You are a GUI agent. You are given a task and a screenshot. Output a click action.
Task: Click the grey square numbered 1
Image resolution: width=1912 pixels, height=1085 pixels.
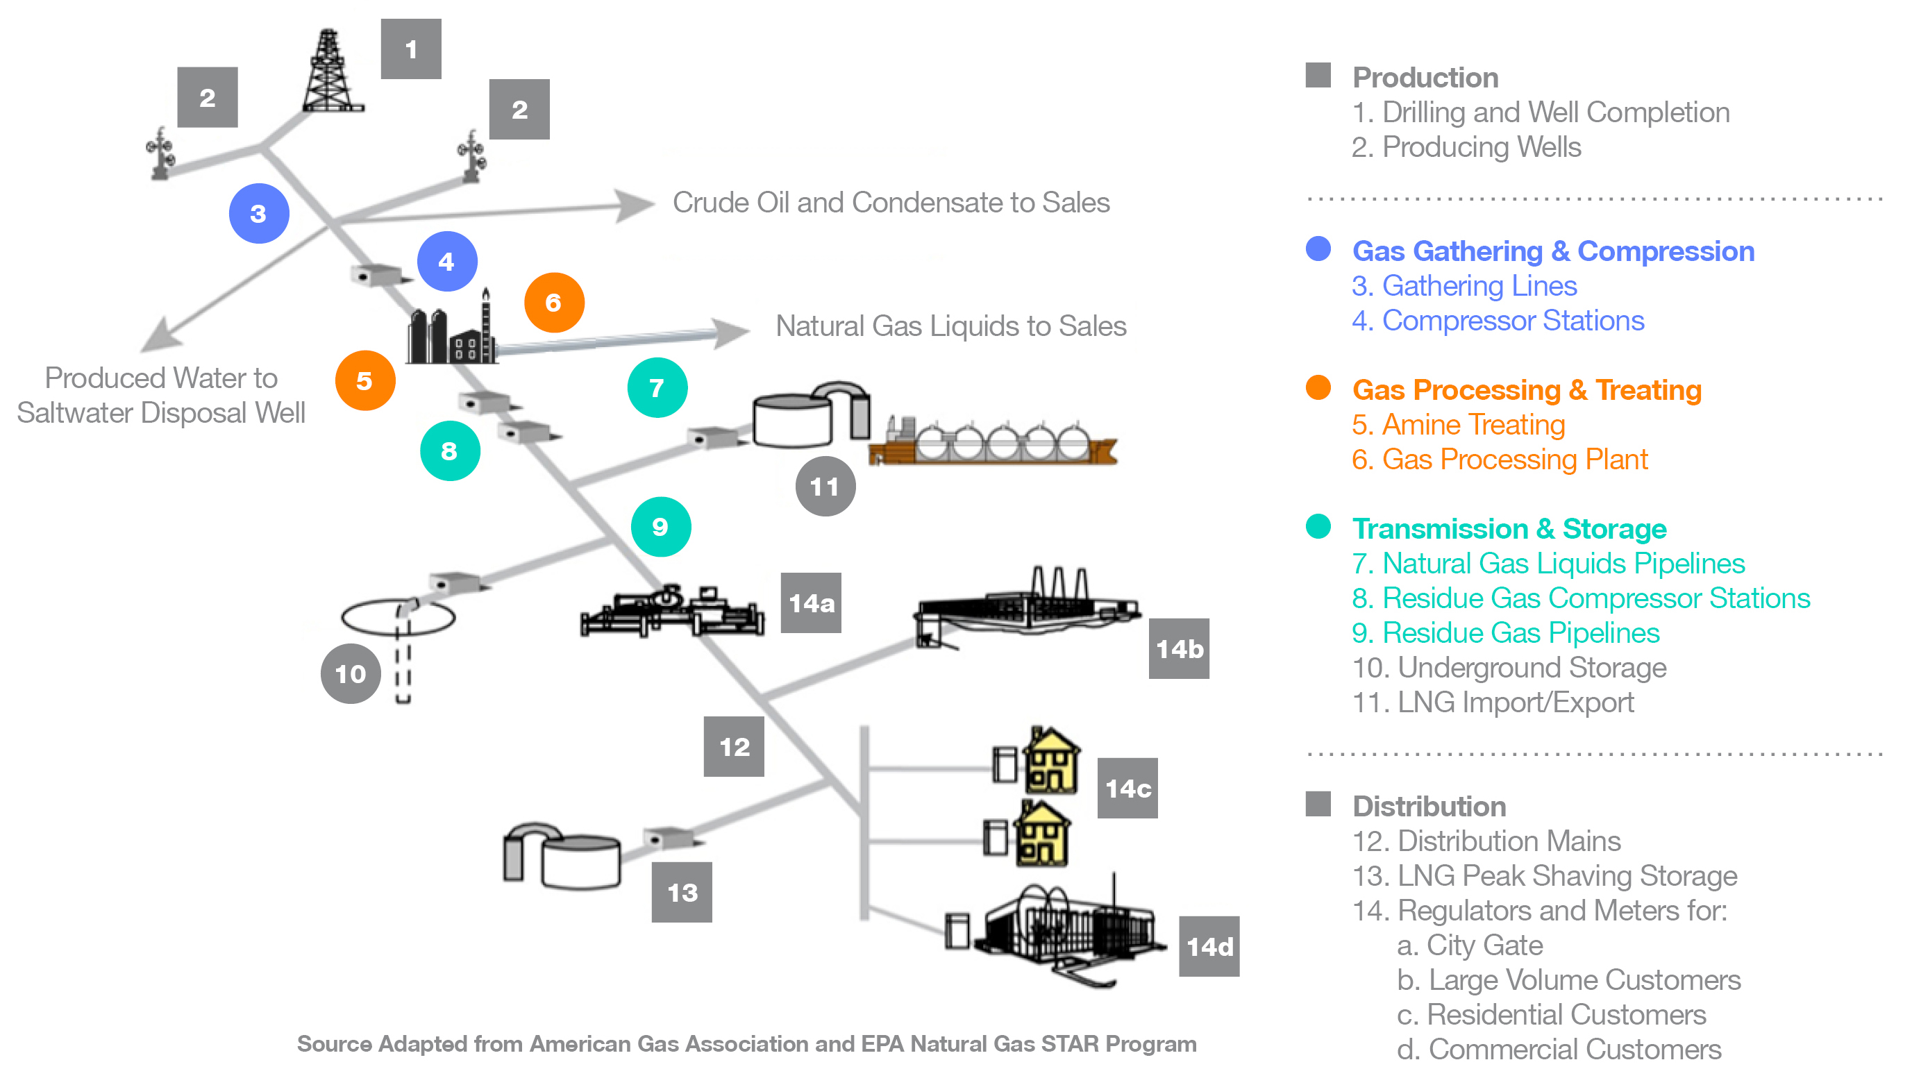pyautogui.click(x=410, y=49)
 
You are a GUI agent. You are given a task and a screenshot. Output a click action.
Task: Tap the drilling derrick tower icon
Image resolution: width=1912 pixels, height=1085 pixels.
pyautogui.click(x=332, y=72)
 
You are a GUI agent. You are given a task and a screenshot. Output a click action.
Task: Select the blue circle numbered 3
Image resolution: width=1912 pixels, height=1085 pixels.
pyautogui.click(x=258, y=214)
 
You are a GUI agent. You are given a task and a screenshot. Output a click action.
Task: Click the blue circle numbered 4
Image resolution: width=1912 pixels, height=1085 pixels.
pyautogui.click(x=446, y=262)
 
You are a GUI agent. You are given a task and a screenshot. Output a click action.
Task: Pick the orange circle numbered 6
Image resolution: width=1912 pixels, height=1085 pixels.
pyautogui.click(x=553, y=303)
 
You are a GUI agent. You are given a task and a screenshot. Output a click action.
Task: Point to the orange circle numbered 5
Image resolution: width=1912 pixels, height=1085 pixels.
pyautogui.click(x=364, y=381)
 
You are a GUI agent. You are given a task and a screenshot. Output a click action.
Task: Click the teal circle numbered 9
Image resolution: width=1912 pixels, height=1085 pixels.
pyautogui.click(x=660, y=527)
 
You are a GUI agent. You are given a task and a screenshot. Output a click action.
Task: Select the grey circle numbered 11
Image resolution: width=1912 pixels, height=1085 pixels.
pyautogui.click(x=825, y=487)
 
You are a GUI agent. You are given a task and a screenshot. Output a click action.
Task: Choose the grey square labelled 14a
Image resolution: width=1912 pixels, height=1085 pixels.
pyautogui.click(x=811, y=603)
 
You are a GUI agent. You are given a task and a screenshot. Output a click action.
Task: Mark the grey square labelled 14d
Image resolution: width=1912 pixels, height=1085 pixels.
pyautogui.click(x=1209, y=946)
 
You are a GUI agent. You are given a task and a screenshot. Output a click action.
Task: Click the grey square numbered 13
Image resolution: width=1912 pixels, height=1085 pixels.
pyautogui.click(x=681, y=892)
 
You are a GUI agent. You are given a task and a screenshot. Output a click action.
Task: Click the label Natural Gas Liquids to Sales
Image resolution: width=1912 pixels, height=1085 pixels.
pyautogui.click(x=950, y=326)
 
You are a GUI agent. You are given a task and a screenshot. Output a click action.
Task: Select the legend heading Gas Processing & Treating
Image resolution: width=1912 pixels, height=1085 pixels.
pyautogui.click(x=1526, y=389)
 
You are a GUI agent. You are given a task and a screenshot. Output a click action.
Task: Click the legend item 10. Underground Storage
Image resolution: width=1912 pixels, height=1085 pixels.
pyautogui.click(x=1509, y=668)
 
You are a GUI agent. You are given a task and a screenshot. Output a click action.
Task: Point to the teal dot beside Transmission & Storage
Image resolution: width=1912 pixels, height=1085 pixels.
pyautogui.click(x=1318, y=527)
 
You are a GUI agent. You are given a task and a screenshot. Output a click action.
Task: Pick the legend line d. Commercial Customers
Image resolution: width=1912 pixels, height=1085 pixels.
pyautogui.click(x=1559, y=1049)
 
